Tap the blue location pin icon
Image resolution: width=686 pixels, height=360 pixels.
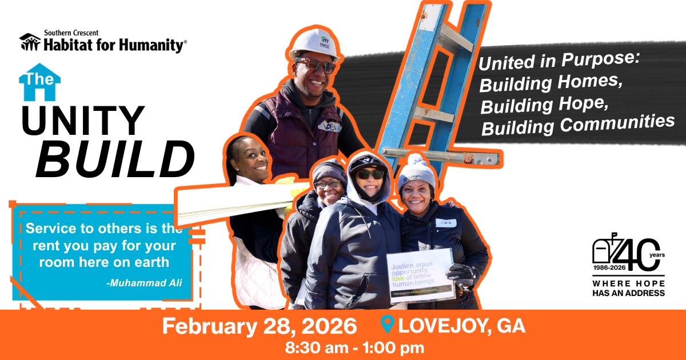387,325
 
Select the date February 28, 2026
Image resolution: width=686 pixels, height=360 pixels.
260,326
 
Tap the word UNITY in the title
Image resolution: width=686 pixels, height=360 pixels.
83,121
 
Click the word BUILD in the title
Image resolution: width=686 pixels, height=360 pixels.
115,158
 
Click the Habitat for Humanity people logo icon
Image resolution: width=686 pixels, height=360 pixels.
30,42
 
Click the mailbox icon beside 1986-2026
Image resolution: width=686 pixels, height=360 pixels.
604,252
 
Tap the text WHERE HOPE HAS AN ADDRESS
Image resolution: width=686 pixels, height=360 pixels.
628,288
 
